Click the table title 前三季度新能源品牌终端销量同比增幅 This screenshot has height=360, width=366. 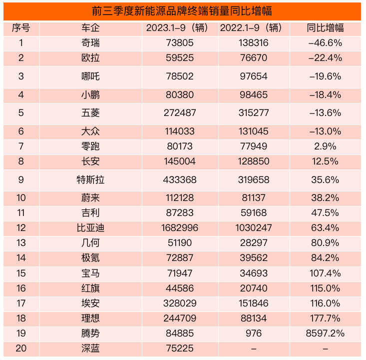tap(182, 10)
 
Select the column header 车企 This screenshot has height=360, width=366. tap(90, 28)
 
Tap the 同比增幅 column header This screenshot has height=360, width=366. tap(325, 28)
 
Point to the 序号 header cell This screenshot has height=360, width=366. tap(21, 28)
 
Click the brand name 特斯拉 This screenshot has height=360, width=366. tap(90, 179)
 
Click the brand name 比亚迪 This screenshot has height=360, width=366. tap(90, 227)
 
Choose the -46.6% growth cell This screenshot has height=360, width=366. tap(325, 43)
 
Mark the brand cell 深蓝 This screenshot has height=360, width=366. tap(90, 348)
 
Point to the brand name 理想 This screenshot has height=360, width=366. tap(90, 318)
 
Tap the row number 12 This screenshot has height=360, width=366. tap(21, 227)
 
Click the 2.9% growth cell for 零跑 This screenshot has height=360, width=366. tap(325, 146)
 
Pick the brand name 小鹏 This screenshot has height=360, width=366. tap(90, 94)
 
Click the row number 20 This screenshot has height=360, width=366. tap(21, 348)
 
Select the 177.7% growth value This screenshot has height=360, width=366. tap(325, 318)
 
